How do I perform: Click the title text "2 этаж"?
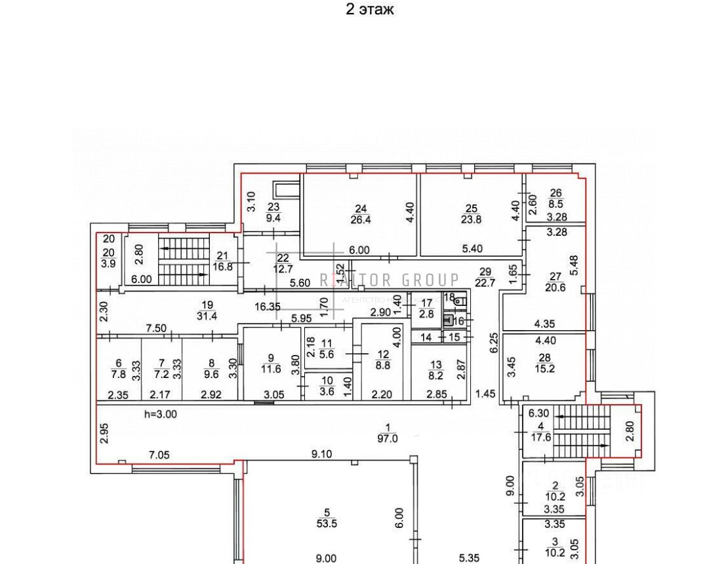pos(370,9)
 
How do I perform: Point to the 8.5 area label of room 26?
pos(556,204)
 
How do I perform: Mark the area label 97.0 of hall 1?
pos(387,439)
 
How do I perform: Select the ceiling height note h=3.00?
pos(159,414)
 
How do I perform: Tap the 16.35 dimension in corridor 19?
pos(268,306)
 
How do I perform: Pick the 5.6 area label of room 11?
pos(326,354)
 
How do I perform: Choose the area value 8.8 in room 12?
pos(382,366)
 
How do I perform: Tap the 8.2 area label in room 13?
pos(435,375)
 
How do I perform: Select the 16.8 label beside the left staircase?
pos(220,267)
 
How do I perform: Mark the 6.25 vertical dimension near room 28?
pos(494,344)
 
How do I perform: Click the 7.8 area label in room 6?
pos(118,375)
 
